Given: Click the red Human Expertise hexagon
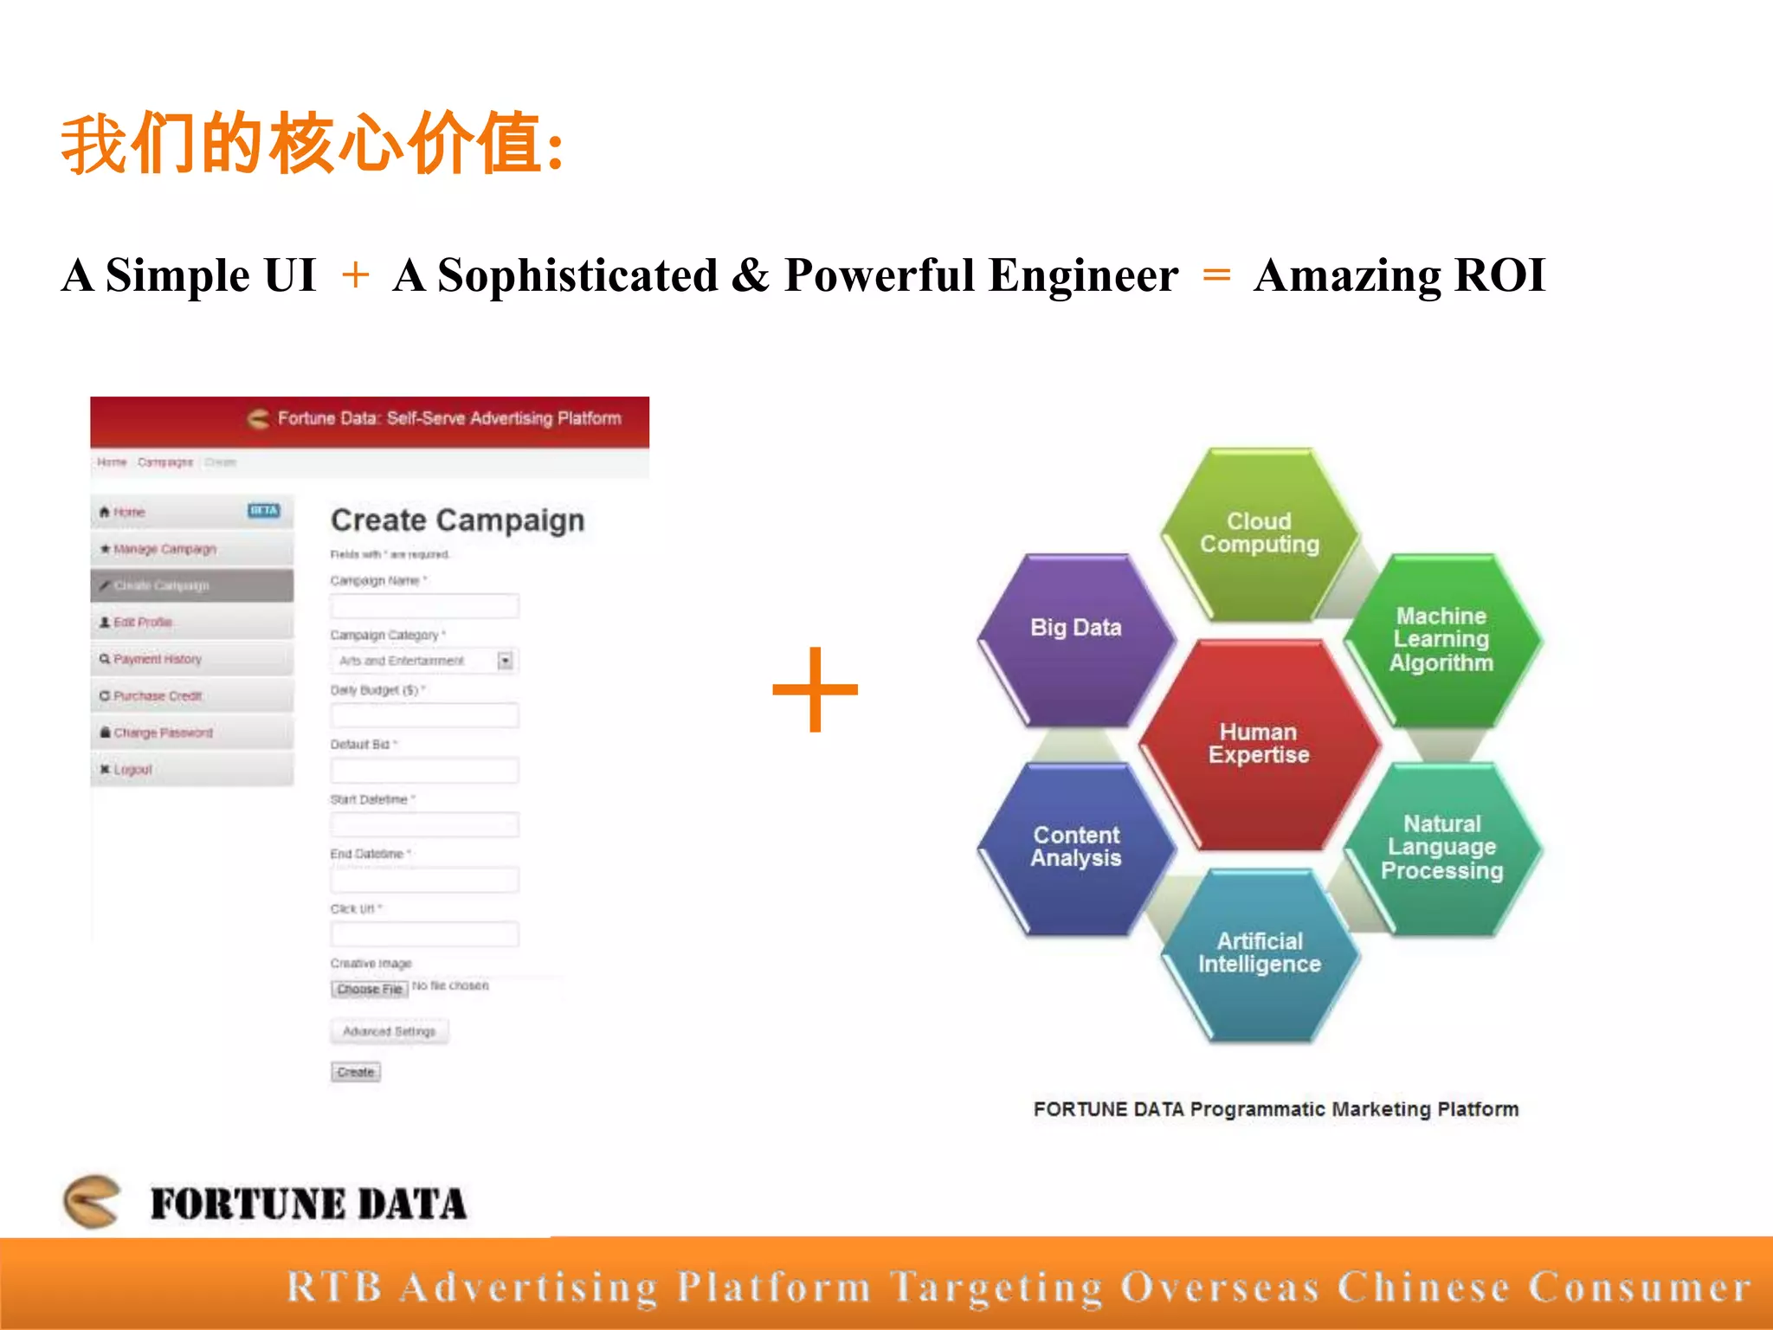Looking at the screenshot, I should click(x=1259, y=745).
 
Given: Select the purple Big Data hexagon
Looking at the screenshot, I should click(x=1076, y=639).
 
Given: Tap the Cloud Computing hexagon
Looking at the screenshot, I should click(x=1260, y=533).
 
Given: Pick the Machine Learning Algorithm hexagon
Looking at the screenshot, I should click(x=1442, y=640).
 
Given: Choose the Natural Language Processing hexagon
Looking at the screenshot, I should click(x=1442, y=848).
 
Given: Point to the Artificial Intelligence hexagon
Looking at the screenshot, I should click(x=1260, y=953).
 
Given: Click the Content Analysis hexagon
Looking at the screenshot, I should click(x=1076, y=848).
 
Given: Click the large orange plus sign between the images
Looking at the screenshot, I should click(x=815, y=689).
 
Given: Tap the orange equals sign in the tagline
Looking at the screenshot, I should click(x=1216, y=275).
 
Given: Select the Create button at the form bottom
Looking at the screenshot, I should click(x=356, y=1072).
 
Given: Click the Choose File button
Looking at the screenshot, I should click(x=370, y=989).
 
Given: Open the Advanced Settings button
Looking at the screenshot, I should click(x=390, y=1031).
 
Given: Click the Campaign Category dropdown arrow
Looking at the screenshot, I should click(x=506, y=662).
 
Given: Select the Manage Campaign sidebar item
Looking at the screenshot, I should click(x=164, y=549).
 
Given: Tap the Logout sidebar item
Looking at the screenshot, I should click(x=132, y=769).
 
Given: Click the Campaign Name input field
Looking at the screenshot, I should click(x=424, y=605).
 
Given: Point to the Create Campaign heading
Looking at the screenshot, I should click(x=457, y=520).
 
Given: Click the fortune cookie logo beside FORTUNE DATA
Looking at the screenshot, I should click(x=92, y=1201).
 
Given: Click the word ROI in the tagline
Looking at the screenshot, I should click(x=1500, y=275).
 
